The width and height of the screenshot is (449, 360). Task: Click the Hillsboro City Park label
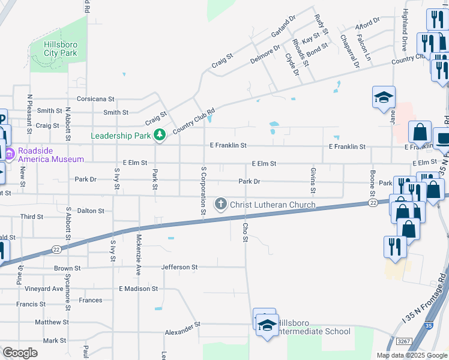tap(60, 48)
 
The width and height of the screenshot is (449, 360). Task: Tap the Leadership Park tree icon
tap(160, 135)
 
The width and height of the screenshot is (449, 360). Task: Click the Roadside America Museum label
tap(50, 155)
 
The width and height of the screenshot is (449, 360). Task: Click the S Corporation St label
tap(203, 191)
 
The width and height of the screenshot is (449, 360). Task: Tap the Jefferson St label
tap(179, 266)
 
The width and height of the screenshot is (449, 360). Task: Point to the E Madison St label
tap(138, 289)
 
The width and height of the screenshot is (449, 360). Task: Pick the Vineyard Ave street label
tap(44, 289)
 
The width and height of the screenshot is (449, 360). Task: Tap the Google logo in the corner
tap(20, 353)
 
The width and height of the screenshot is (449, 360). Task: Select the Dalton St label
tap(91, 211)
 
